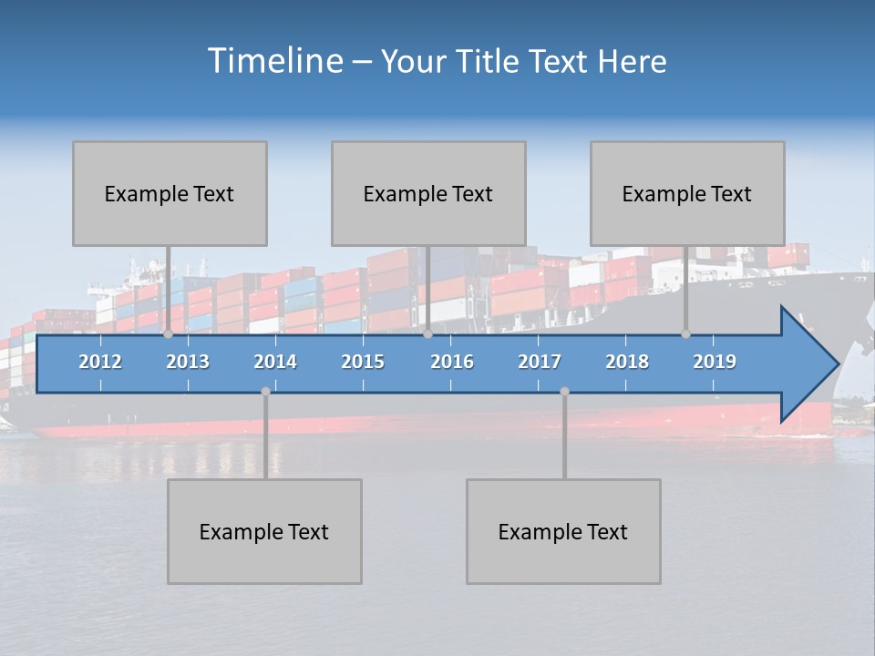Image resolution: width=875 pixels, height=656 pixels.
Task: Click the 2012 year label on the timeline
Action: pos(100,362)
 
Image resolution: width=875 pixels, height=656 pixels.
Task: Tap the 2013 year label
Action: pos(188,362)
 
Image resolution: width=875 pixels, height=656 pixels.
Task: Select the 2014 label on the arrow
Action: pos(275,362)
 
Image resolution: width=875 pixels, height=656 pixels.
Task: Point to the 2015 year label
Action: pos(363,362)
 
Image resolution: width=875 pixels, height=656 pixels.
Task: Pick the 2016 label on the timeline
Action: pos(452,362)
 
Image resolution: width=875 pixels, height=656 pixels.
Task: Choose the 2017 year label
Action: pos(540,362)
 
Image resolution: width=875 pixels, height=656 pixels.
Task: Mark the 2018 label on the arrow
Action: pos(627,362)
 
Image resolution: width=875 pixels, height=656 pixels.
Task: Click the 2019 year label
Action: pos(715,362)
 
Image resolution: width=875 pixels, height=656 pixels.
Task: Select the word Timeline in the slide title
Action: pos(274,61)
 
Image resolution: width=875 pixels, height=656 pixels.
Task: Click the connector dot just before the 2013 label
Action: pos(168,333)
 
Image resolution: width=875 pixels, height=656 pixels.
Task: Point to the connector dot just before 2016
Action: pos(427,333)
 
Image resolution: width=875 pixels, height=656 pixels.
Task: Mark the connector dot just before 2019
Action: pos(685,333)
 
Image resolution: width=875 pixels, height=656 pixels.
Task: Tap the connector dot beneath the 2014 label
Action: pos(265,392)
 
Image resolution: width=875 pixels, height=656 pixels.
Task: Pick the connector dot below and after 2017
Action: pos(564,392)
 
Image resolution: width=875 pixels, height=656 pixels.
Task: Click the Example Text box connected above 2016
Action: pos(428,193)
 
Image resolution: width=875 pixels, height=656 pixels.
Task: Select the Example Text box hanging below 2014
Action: pos(264,531)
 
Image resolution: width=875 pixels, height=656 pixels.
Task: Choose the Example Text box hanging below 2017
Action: pos(563,531)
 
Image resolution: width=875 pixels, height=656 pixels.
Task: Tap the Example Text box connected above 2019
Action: pos(687,193)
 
